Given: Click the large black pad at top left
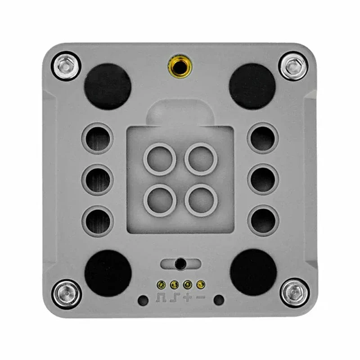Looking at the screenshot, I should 108,86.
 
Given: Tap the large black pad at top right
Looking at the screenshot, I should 252,86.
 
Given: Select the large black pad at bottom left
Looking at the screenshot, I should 108,272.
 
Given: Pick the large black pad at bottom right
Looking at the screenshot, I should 253,272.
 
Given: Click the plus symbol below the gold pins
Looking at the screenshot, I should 188,297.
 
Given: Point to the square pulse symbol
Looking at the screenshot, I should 161,297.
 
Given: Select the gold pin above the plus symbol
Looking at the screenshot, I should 187,284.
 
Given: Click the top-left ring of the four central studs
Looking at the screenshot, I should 159,159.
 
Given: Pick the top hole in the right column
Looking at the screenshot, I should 263,138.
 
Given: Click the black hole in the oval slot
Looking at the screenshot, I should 180,264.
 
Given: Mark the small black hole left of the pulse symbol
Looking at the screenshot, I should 143,300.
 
